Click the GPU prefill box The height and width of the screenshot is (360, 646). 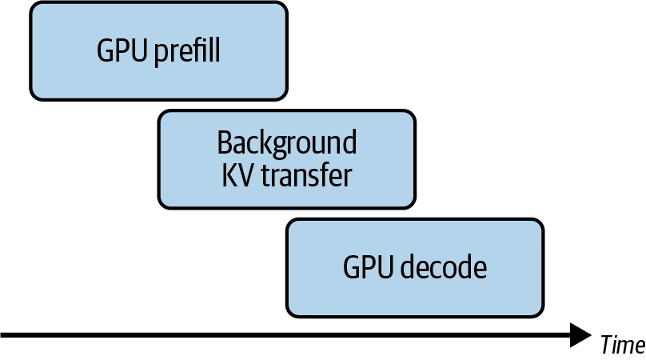158,51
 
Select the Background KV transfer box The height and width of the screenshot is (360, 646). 287,159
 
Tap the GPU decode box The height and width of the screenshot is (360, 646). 415,268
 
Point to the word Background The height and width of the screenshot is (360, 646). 287,143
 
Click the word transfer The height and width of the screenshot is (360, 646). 307,175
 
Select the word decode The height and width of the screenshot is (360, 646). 444,267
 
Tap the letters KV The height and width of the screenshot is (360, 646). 239,176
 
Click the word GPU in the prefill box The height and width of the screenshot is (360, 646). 122,50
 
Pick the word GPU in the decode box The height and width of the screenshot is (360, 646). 368,267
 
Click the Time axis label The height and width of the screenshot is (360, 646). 623,344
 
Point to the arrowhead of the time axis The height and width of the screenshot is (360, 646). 580,335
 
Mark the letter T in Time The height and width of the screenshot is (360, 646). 608,344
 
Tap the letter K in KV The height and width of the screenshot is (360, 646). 230,176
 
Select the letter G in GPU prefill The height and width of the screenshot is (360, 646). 105,50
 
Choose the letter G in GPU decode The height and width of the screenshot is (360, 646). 351,267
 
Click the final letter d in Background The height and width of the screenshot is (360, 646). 349,142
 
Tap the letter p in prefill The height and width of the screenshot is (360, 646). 161,55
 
